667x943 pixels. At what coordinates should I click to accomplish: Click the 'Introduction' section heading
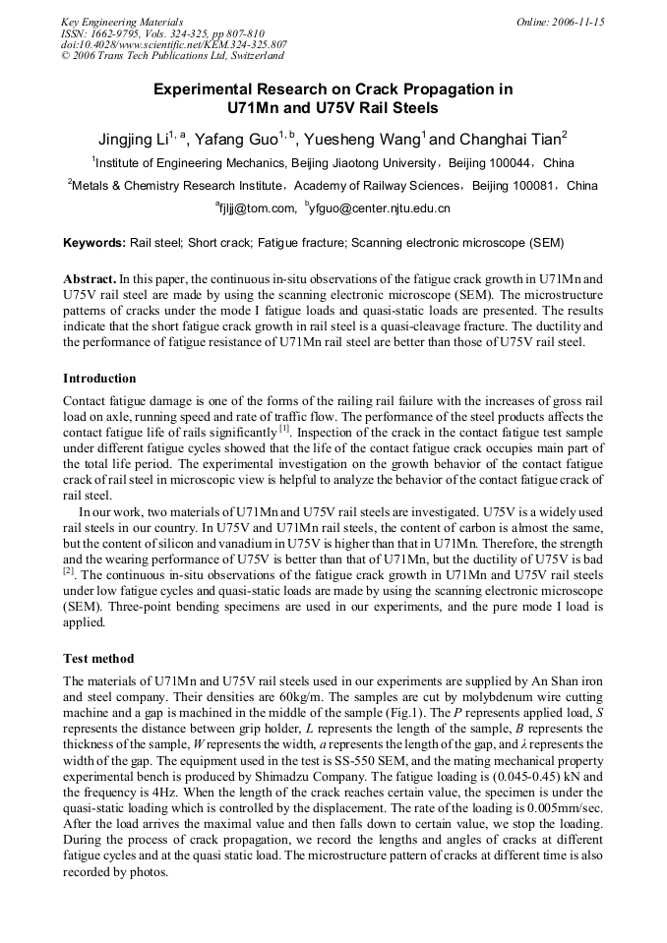[99, 379]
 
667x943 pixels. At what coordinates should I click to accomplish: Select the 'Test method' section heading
[98, 659]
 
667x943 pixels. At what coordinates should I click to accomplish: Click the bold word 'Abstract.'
[90, 279]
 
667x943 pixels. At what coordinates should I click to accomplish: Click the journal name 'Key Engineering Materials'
[121, 22]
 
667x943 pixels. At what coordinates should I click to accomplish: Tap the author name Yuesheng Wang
[363, 139]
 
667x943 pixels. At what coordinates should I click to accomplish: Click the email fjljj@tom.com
[258, 207]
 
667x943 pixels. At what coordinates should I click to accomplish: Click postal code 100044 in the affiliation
[512, 163]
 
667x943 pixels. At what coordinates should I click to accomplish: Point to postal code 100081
[535, 185]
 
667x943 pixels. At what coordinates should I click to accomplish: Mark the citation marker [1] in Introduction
[284, 428]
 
